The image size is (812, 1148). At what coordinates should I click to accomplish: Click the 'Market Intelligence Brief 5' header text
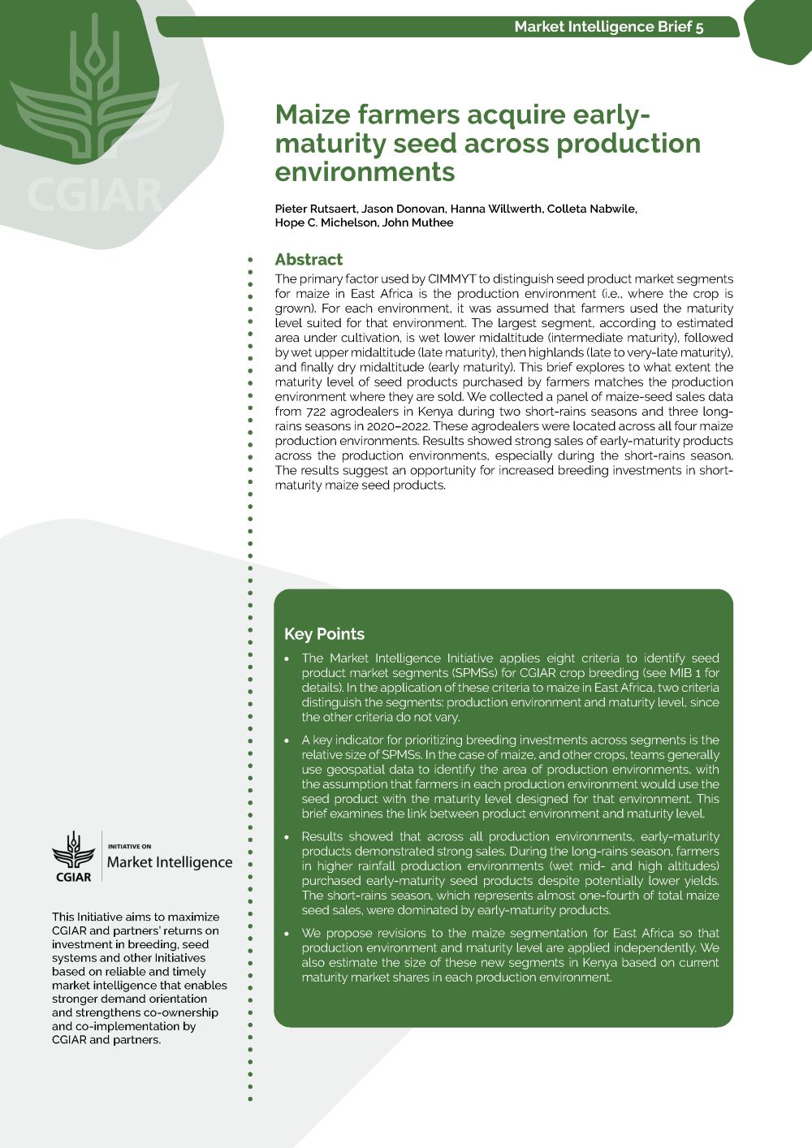[609, 27]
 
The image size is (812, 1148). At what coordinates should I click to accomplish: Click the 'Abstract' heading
[309, 260]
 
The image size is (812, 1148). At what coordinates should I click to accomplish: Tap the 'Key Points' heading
[324, 634]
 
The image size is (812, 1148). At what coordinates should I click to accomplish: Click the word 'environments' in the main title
[365, 172]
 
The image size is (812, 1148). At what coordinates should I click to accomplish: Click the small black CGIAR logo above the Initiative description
[73, 857]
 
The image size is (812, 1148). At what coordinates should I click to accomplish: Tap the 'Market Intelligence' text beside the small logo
[170, 862]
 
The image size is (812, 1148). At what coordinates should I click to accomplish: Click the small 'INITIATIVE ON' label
[129, 846]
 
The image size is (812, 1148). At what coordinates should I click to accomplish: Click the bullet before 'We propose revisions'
[287, 934]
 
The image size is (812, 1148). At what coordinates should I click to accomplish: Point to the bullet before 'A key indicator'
[287, 740]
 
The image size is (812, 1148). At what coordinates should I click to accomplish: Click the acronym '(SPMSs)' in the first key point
[474, 673]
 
